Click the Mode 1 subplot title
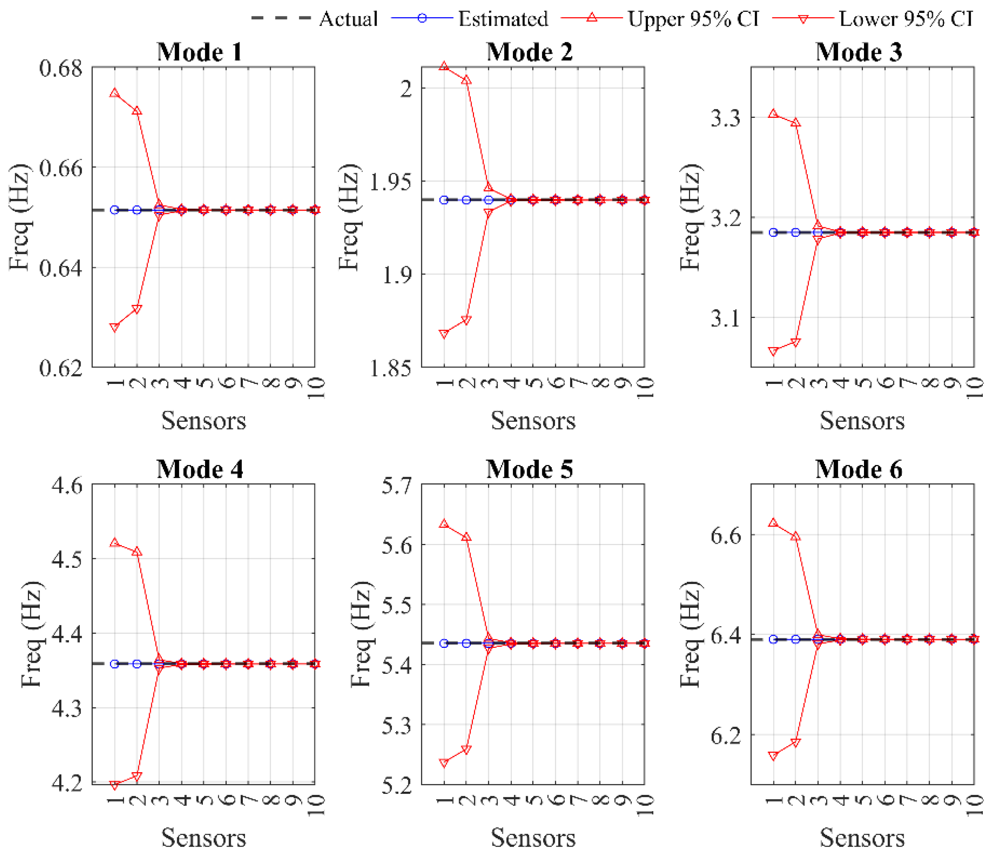click(200, 52)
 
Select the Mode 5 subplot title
click(529, 469)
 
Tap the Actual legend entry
click(314, 19)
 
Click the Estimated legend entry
click(470, 19)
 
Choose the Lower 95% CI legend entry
click(872, 19)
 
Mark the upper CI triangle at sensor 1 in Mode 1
click(114, 93)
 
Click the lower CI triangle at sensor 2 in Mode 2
click(466, 320)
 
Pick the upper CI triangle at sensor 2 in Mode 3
click(796, 122)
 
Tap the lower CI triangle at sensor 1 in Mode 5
click(444, 763)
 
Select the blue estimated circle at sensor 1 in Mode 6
click(773, 639)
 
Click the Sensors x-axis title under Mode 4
click(204, 838)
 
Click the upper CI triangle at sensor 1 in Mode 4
click(114, 542)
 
